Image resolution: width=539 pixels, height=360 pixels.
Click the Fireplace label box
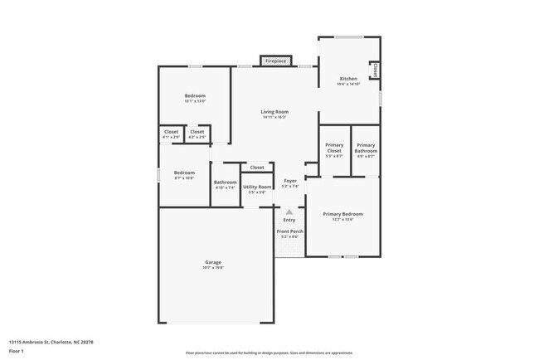274,61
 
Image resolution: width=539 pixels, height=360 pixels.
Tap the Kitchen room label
348,79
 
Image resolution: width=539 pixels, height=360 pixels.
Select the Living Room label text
274,111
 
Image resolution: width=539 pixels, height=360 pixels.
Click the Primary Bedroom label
342,214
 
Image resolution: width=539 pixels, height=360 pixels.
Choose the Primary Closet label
334,145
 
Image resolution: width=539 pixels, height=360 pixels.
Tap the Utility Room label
257,187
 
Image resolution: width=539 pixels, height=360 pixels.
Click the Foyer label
289,181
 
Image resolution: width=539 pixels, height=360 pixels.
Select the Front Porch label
289,233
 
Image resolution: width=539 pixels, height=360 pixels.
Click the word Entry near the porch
289,220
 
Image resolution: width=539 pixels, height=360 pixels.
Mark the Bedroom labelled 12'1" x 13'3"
195,96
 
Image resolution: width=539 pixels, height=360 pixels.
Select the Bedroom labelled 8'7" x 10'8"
184,173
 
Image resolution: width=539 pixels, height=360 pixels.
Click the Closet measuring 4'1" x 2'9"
171,132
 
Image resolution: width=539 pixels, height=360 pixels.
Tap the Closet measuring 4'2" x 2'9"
197,132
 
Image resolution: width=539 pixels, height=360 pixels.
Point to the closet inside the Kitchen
375,71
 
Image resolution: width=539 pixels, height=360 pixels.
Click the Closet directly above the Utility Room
257,167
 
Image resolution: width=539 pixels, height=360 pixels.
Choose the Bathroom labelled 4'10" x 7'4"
225,182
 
